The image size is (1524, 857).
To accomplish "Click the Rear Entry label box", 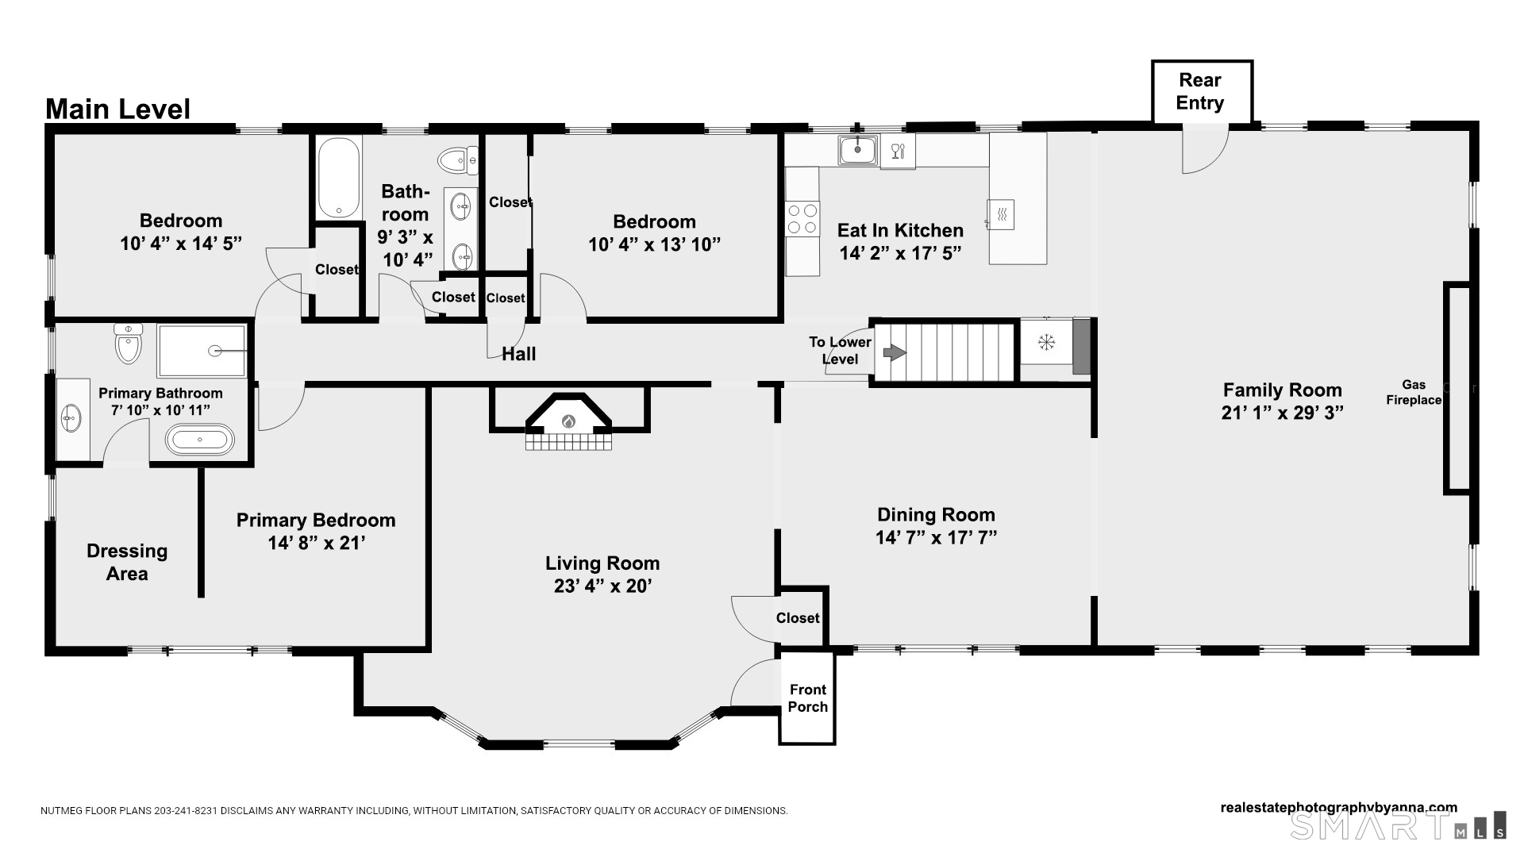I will (1201, 92).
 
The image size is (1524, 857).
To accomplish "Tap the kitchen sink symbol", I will (858, 149).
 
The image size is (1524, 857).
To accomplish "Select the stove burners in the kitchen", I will (802, 219).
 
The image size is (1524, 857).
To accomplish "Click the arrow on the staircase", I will (895, 352).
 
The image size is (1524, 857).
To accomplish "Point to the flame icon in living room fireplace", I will (568, 421).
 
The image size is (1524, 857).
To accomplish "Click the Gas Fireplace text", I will (1413, 393).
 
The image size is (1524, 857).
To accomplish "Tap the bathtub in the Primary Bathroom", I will (199, 439).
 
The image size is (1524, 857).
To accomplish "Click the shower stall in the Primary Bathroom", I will (202, 351).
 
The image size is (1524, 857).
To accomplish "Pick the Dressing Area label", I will (127, 562).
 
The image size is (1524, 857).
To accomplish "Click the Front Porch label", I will (807, 698).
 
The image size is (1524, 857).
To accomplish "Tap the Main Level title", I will (117, 109).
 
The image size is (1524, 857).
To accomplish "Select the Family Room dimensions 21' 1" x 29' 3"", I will (1282, 413).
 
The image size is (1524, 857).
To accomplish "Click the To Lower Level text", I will (840, 351).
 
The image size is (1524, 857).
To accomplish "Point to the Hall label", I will (518, 354).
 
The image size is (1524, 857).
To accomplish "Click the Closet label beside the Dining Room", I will (798, 618).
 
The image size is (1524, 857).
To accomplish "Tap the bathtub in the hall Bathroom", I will (339, 179).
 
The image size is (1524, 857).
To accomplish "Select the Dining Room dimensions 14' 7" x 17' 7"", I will (936, 537).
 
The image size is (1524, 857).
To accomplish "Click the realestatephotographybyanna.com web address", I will (1338, 808).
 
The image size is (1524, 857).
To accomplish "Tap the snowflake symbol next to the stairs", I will (1046, 343).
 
